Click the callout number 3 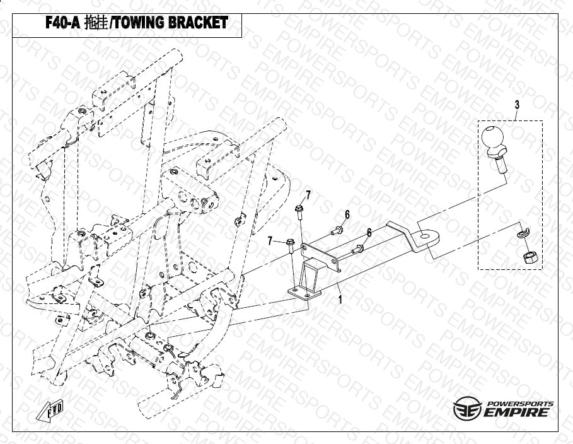[517, 104]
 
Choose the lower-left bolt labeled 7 [291, 243]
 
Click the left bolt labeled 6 [337, 230]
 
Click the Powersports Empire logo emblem [468, 409]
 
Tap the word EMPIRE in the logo [516, 413]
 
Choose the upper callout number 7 [308, 194]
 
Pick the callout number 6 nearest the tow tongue [369, 232]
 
